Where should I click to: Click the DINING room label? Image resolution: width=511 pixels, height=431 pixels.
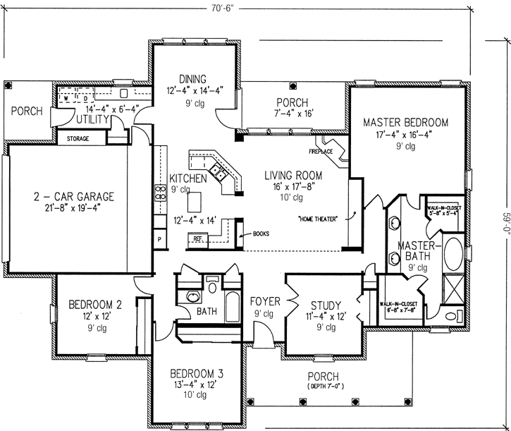pyautogui.click(x=192, y=78)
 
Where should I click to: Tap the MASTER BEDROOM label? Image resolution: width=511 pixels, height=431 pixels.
pyautogui.click(x=405, y=122)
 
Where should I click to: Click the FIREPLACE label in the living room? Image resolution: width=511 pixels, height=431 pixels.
pyautogui.click(x=321, y=150)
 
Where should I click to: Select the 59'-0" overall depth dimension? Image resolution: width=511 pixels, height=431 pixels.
pyautogui.click(x=505, y=215)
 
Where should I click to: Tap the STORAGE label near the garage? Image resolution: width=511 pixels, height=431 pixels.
pyautogui.click(x=78, y=139)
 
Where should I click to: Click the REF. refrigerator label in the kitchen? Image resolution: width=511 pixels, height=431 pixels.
pyautogui.click(x=199, y=239)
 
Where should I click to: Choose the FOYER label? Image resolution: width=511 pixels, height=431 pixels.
pyautogui.click(x=265, y=301)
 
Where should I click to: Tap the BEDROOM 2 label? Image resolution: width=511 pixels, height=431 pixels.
pyautogui.click(x=95, y=305)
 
